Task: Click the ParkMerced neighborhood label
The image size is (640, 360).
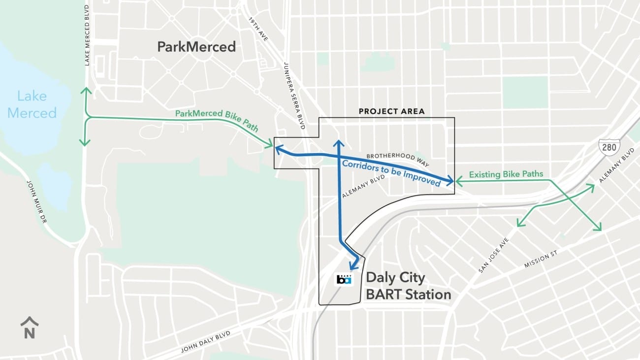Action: tap(196, 47)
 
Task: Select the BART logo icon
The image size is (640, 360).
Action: tap(344, 279)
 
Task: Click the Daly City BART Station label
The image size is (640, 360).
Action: tap(408, 286)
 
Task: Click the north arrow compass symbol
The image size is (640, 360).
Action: tap(30, 328)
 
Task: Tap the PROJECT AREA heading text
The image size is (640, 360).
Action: tap(391, 111)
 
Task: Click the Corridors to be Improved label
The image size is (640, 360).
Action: tap(391, 172)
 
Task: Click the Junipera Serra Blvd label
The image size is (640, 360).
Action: tap(294, 96)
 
